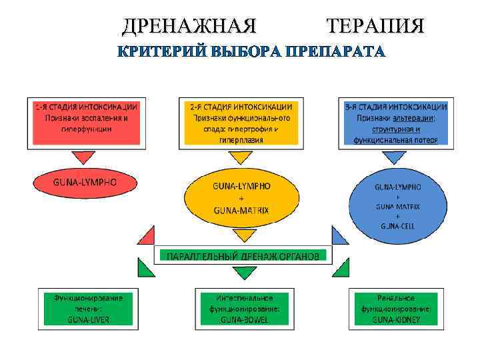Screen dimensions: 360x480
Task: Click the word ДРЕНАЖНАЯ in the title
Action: click(x=189, y=26)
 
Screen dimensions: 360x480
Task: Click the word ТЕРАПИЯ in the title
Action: click(x=375, y=26)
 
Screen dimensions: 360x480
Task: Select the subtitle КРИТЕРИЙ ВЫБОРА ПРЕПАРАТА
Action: click(x=251, y=52)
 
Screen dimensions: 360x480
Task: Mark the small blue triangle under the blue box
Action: click(x=395, y=157)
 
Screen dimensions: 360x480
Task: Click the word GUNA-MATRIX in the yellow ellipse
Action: click(x=241, y=209)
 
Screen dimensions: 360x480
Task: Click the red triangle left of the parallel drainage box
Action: click(x=147, y=236)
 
